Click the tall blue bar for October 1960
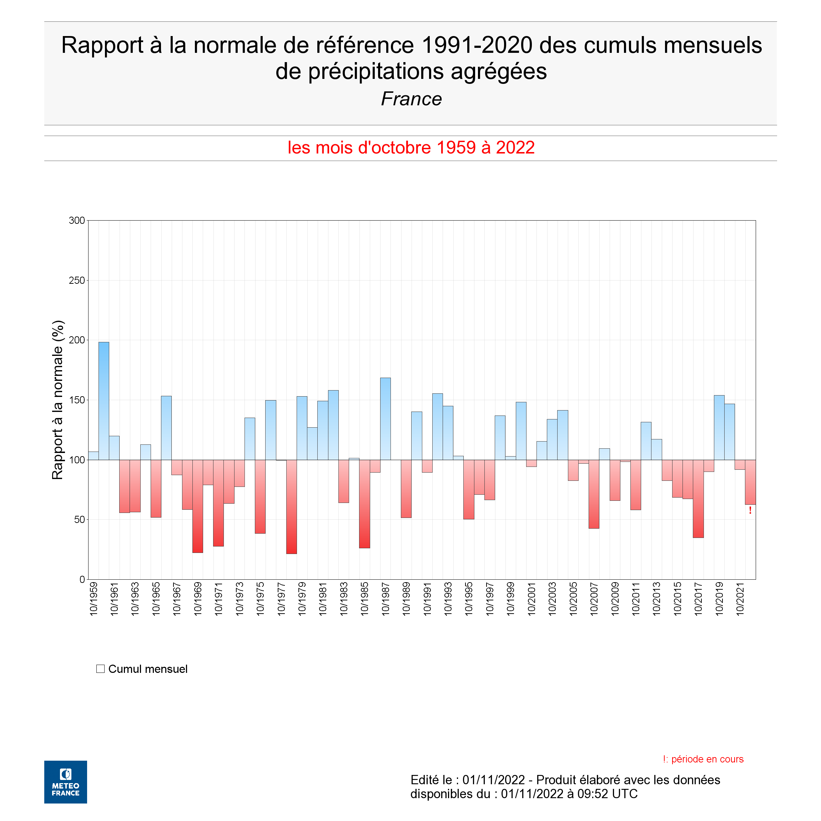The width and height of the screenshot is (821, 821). point(104,401)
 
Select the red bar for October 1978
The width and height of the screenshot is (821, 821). point(292,507)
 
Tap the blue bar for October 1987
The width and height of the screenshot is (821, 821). point(386,419)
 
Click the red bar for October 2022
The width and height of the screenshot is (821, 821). point(750,482)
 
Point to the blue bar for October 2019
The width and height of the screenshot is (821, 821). point(719,428)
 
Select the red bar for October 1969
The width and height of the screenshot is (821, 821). point(198,506)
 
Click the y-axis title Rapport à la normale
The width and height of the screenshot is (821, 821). point(57,400)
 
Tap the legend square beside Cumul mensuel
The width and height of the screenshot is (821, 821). point(100,669)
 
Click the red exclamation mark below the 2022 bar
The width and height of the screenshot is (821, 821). point(750,510)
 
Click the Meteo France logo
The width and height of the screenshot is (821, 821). point(65,782)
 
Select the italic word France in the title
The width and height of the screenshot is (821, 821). point(411,99)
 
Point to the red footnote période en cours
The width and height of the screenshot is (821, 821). point(703,759)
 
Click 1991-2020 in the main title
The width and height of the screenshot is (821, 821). point(477,45)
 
